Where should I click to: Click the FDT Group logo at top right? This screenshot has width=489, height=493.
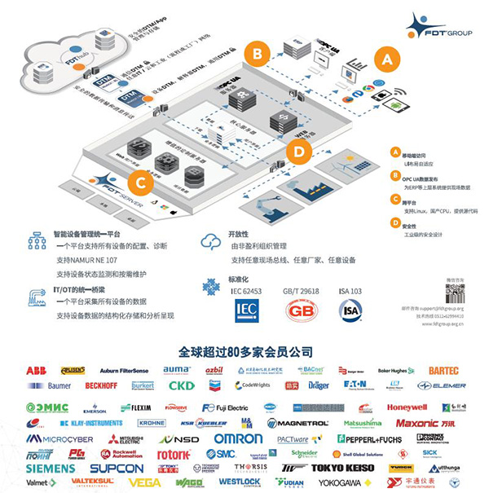coord(436,25)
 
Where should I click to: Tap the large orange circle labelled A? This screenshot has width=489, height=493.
coord(388,57)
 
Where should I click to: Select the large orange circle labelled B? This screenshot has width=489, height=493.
coord(259,54)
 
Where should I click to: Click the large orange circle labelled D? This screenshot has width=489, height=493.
coord(298,151)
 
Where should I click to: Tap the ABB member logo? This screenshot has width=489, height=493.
coord(36,371)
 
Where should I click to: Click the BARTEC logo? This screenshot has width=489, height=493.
coord(443,371)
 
